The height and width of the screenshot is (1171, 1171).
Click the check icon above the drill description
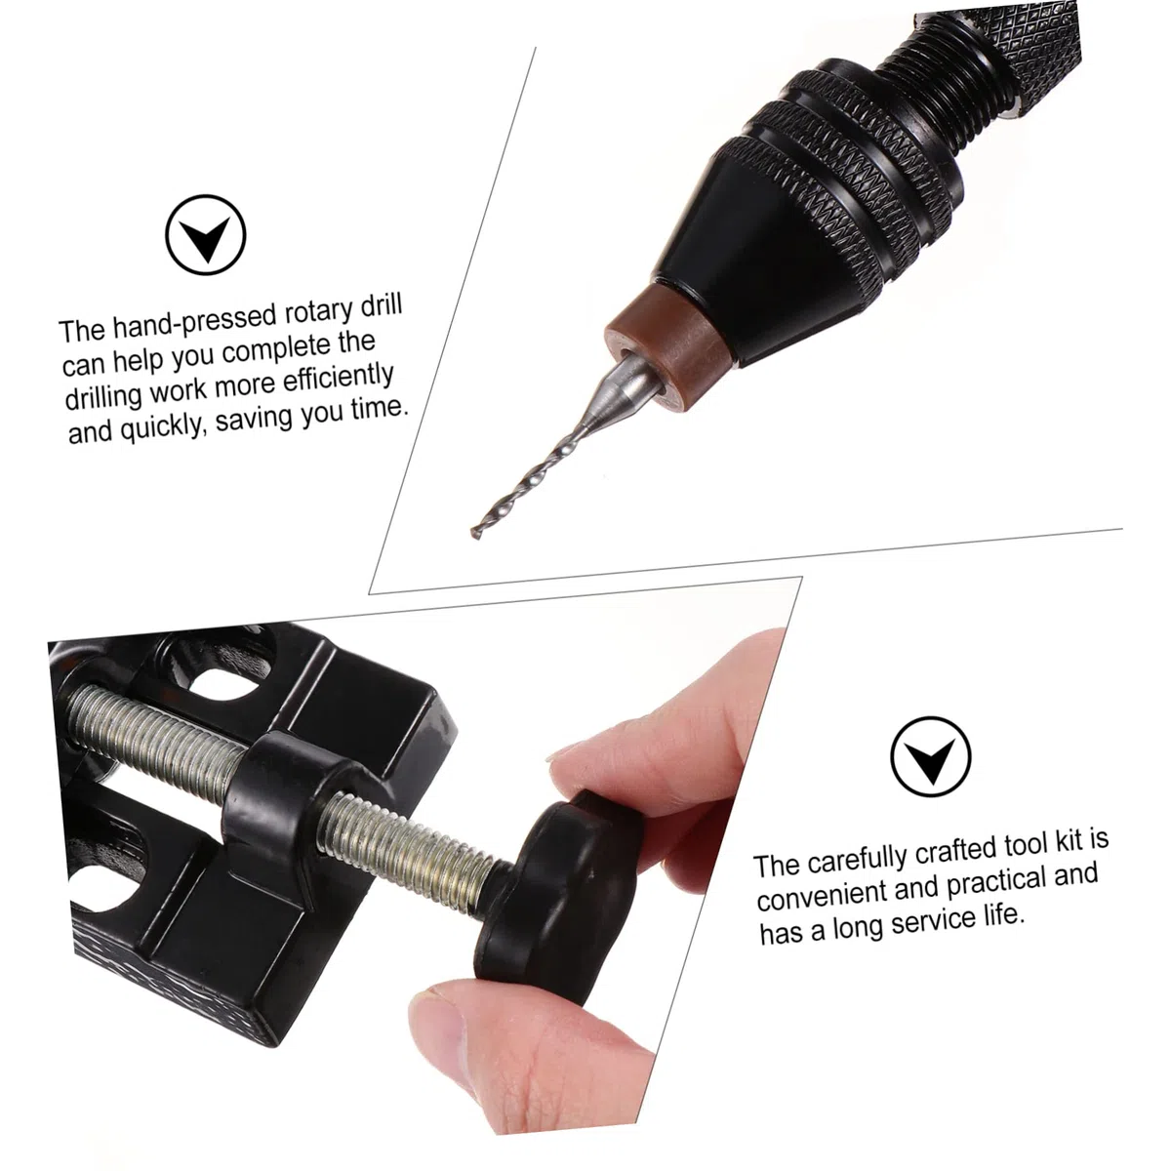[205, 234]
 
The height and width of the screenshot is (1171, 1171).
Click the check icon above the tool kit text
[930, 756]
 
